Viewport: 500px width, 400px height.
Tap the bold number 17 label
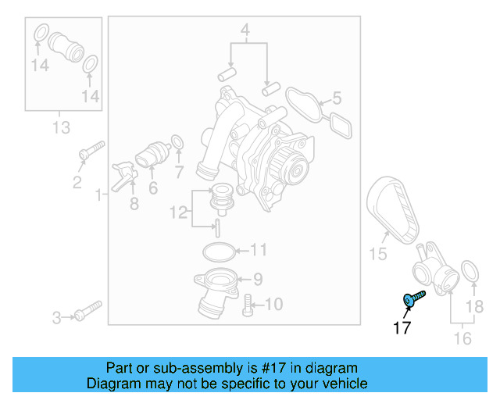[x=402, y=328]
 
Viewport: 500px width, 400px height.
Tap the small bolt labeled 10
[x=248, y=305]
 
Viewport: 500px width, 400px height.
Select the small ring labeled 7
[x=177, y=142]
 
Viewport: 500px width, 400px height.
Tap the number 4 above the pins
[x=245, y=32]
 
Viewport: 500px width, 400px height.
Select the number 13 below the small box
[x=61, y=127]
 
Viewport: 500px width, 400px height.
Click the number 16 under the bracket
[x=462, y=338]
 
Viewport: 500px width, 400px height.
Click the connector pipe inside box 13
[x=66, y=50]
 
